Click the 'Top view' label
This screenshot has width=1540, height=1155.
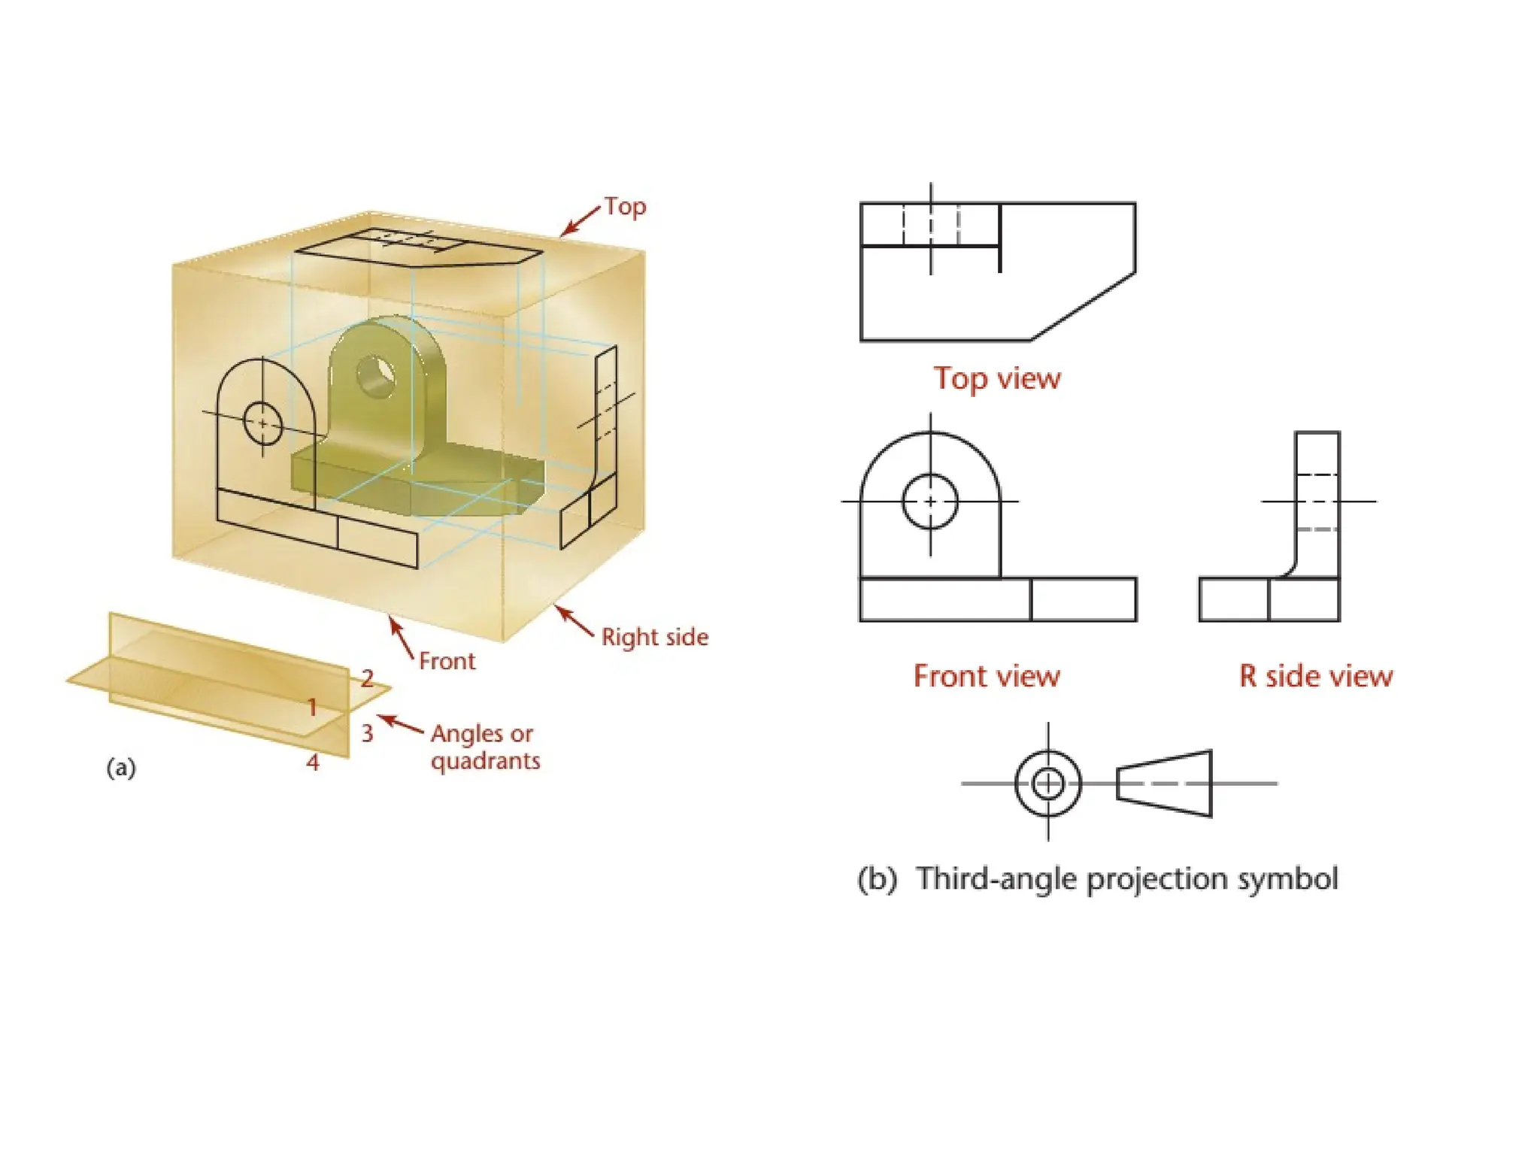(997, 378)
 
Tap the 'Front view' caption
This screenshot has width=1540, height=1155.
(987, 676)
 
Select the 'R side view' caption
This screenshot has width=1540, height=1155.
(1316, 676)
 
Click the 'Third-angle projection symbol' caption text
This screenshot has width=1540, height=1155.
(1126, 878)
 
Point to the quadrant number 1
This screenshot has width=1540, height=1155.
(313, 707)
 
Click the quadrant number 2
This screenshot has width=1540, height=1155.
(367, 678)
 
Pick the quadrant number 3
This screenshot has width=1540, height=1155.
(367, 732)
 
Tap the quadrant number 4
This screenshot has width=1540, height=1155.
(313, 762)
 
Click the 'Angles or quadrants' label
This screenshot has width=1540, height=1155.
(485, 747)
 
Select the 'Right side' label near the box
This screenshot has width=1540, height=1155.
(654, 637)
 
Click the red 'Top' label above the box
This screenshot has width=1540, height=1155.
(625, 206)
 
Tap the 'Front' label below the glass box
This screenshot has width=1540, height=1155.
(447, 661)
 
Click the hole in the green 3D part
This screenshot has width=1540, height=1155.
(375, 376)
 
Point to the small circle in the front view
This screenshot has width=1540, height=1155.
(930, 502)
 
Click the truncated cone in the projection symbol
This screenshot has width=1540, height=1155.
(1165, 784)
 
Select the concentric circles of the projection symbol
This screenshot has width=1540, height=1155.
(1047, 784)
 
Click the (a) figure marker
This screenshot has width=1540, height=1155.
(121, 768)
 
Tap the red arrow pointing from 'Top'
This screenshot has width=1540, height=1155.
(581, 221)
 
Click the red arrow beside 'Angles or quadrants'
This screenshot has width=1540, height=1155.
(401, 724)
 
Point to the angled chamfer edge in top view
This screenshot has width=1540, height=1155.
(1083, 307)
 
